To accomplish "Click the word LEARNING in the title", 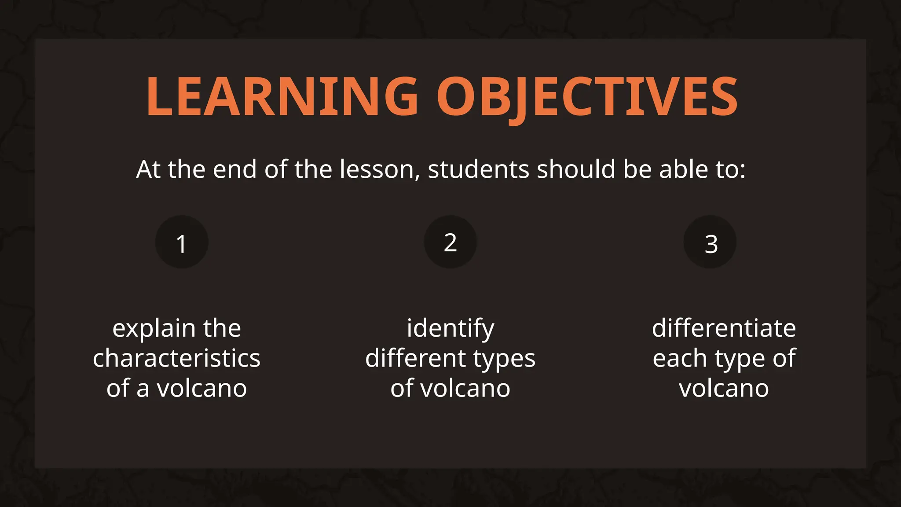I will [x=282, y=97].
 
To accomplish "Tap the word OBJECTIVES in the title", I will [x=587, y=97].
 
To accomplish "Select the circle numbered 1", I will [x=182, y=242].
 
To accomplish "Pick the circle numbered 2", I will [x=450, y=242].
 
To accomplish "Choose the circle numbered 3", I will [x=710, y=242].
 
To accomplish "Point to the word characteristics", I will [x=176, y=358].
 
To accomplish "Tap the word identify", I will [x=450, y=329].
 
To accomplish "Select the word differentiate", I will [x=724, y=328].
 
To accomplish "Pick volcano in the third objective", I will [x=724, y=389].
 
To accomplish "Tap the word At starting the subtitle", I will [x=148, y=169].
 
